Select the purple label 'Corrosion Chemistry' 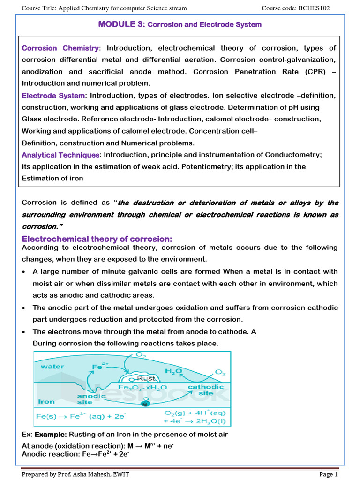60,48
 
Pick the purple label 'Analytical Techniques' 60,155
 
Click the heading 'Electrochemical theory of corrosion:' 97,239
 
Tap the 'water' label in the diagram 52,367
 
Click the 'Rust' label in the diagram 145,378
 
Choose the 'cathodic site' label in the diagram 206,390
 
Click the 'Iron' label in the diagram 46,401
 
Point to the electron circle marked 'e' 145,404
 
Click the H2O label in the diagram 172,371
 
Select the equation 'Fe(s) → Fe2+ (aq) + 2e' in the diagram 79,416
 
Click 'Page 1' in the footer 328,474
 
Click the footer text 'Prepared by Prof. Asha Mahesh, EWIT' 76,474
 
